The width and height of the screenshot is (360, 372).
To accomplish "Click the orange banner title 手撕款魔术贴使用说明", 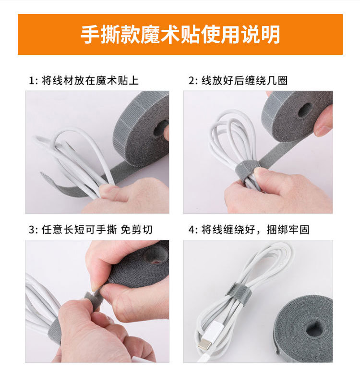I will [x=180, y=35].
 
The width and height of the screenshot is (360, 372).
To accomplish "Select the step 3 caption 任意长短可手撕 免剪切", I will [x=96, y=230].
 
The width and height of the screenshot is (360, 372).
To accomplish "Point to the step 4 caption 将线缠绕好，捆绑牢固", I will [x=254, y=230].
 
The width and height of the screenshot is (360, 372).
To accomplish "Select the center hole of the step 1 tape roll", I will [x=161, y=129].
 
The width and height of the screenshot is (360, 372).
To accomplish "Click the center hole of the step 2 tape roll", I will [x=305, y=110].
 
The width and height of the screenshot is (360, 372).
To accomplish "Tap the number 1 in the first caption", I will [x=32, y=81].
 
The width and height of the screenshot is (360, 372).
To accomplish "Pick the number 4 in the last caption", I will [x=191, y=230].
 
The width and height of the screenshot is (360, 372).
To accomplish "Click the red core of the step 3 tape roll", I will [x=156, y=260].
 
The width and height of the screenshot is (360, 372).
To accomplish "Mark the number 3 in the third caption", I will [x=32, y=230].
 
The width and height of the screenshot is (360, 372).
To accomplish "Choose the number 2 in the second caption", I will [x=191, y=81].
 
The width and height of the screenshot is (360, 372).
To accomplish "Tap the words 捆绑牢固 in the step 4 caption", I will [x=293, y=230].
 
